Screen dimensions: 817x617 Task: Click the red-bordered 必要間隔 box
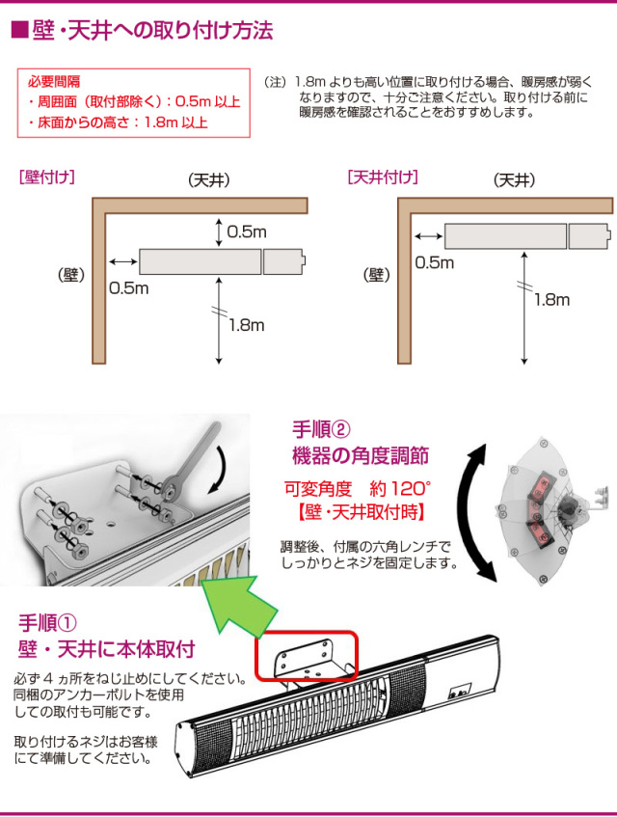point(133,102)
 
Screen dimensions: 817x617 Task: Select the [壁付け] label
point(47,177)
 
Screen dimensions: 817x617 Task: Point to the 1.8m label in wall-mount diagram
point(246,325)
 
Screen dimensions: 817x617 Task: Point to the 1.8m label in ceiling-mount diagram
point(551,300)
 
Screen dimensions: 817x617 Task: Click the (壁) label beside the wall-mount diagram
point(71,275)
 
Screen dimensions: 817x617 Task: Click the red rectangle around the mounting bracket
point(306,656)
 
